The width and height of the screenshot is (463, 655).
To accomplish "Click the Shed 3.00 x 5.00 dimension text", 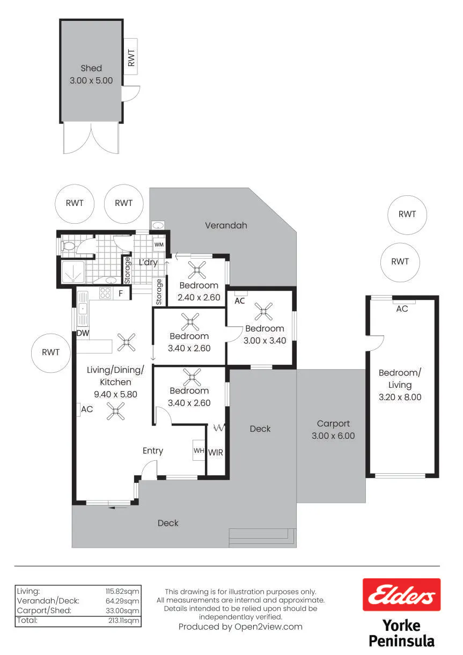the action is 91,80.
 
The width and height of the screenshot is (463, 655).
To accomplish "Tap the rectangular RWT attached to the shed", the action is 130,57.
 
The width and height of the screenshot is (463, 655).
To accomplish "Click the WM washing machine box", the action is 159,245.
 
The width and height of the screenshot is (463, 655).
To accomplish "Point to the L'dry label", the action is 148,262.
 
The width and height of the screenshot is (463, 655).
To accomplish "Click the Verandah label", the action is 226,225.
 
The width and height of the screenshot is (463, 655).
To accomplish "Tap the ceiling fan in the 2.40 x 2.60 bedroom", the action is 197,270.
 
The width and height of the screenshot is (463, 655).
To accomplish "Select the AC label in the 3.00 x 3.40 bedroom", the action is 239,301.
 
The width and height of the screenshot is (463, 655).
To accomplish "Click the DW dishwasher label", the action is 83,333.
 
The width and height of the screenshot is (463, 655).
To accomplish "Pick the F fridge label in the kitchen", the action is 121,293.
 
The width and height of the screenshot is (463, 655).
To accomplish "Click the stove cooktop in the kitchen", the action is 105,293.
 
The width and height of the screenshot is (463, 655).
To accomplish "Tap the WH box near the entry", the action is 199,450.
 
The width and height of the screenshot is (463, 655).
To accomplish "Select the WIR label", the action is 216,453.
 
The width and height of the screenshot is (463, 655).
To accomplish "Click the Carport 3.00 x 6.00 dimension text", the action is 333,436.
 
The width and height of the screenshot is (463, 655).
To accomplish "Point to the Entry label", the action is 153,451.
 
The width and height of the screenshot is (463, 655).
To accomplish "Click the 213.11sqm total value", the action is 124,621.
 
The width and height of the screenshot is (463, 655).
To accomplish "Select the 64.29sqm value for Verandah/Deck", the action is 122,601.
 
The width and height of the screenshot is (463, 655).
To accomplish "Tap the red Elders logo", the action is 401,594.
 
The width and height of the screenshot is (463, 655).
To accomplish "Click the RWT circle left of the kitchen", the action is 51,353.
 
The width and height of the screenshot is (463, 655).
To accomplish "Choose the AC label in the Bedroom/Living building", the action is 402,309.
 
